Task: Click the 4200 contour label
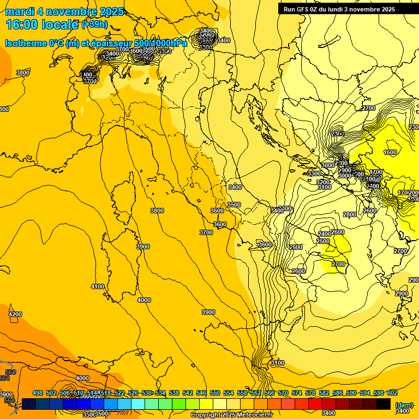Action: point(15,314)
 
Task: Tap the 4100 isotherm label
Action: point(97,286)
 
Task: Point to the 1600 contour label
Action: point(390,152)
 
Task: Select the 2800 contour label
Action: point(349,214)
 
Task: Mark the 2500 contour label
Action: point(323,241)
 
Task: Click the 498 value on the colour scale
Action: point(38,393)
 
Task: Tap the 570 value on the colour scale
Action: point(283,393)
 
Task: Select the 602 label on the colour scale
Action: point(392,393)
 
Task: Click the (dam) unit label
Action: point(403,405)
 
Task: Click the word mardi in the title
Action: point(20,11)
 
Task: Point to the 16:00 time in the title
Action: point(22,25)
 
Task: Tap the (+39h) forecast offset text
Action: point(94,25)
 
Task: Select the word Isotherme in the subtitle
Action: point(25,43)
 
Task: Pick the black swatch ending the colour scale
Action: point(383,404)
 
